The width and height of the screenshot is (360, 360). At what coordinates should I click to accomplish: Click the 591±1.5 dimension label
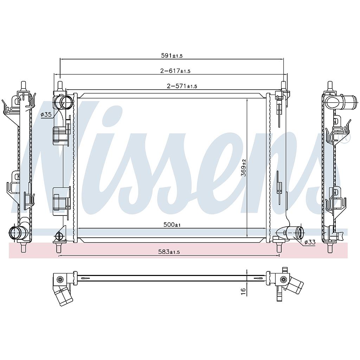pyautogui.click(x=172, y=56)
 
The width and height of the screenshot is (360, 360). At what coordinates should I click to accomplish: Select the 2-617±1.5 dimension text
pyautogui.click(x=175, y=71)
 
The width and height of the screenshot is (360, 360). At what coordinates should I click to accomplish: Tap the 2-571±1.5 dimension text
pyautogui.click(x=182, y=86)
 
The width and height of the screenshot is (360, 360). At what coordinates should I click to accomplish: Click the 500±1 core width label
pyautogui.click(x=172, y=225)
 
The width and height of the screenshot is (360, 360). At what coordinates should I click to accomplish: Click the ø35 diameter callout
pyautogui.click(x=46, y=115)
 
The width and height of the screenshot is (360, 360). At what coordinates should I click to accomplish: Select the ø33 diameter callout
pyautogui.click(x=310, y=242)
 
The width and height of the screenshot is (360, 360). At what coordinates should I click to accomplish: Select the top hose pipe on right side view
pyautogui.click(x=339, y=102)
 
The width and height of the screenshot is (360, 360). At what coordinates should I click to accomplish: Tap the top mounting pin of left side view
pyautogui.click(x=23, y=85)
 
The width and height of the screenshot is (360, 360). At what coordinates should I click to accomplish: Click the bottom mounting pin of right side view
pyautogui.click(x=330, y=248)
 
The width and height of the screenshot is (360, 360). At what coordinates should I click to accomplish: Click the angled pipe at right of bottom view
pyautogui.click(x=295, y=284)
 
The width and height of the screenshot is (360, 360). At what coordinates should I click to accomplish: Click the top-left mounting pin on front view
pyautogui.click(x=60, y=85)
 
